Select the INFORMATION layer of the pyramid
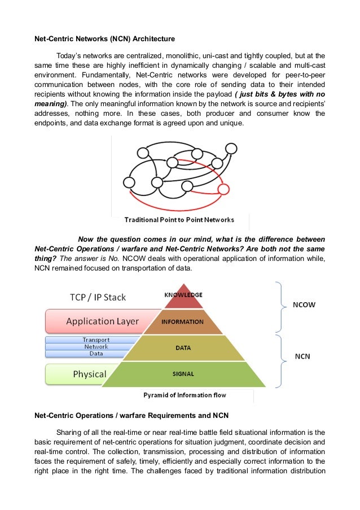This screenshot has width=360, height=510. coord(183,322)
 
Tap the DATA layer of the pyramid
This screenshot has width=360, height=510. coord(183,348)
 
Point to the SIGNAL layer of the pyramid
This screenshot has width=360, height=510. coord(183,374)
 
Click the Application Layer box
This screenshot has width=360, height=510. coord(102,321)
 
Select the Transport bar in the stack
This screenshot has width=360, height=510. coord(96,340)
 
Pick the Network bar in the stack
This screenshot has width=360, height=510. coord(96,347)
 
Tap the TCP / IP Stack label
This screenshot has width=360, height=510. coord(98,297)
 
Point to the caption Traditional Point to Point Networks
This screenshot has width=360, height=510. coord(179,219)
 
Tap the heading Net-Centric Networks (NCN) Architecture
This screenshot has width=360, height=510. coord(104,39)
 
